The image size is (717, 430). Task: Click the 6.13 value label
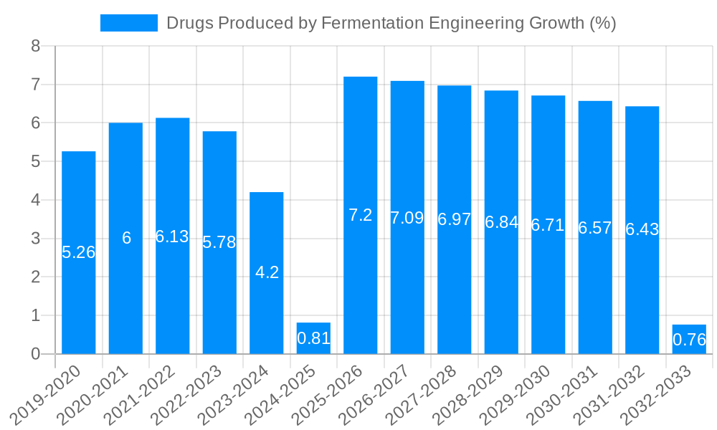click(172, 236)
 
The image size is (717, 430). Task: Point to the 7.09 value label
click(407, 218)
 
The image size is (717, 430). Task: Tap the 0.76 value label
click(690, 340)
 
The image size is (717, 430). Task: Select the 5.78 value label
click(219, 242)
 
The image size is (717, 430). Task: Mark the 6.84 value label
click(501, 222)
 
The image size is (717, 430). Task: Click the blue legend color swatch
click(129, 23)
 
